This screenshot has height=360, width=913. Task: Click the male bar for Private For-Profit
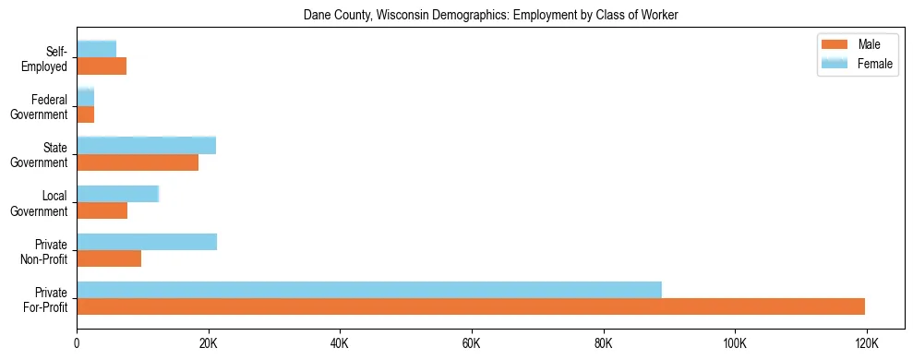click(x=471, y=306)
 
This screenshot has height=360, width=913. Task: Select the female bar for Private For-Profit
click(x=369, y=290)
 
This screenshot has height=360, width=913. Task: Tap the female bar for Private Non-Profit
click(x=147, y=242)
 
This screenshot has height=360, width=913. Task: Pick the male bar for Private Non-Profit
click(x=109, y=258)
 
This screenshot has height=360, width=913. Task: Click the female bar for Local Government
click(x=118, y=194)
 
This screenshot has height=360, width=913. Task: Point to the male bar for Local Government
click(x=102, y=210)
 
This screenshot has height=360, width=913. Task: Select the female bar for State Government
click(x=146, y=145)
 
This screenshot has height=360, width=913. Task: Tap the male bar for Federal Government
click(x=85, y=114)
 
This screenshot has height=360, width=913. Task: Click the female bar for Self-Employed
click(x=96, y=49)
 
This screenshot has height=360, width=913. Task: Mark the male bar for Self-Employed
click(x=102, y=66)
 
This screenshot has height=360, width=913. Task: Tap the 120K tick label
click(x=866, y=343)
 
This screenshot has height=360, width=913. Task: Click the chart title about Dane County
click(x=490, y=15)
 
